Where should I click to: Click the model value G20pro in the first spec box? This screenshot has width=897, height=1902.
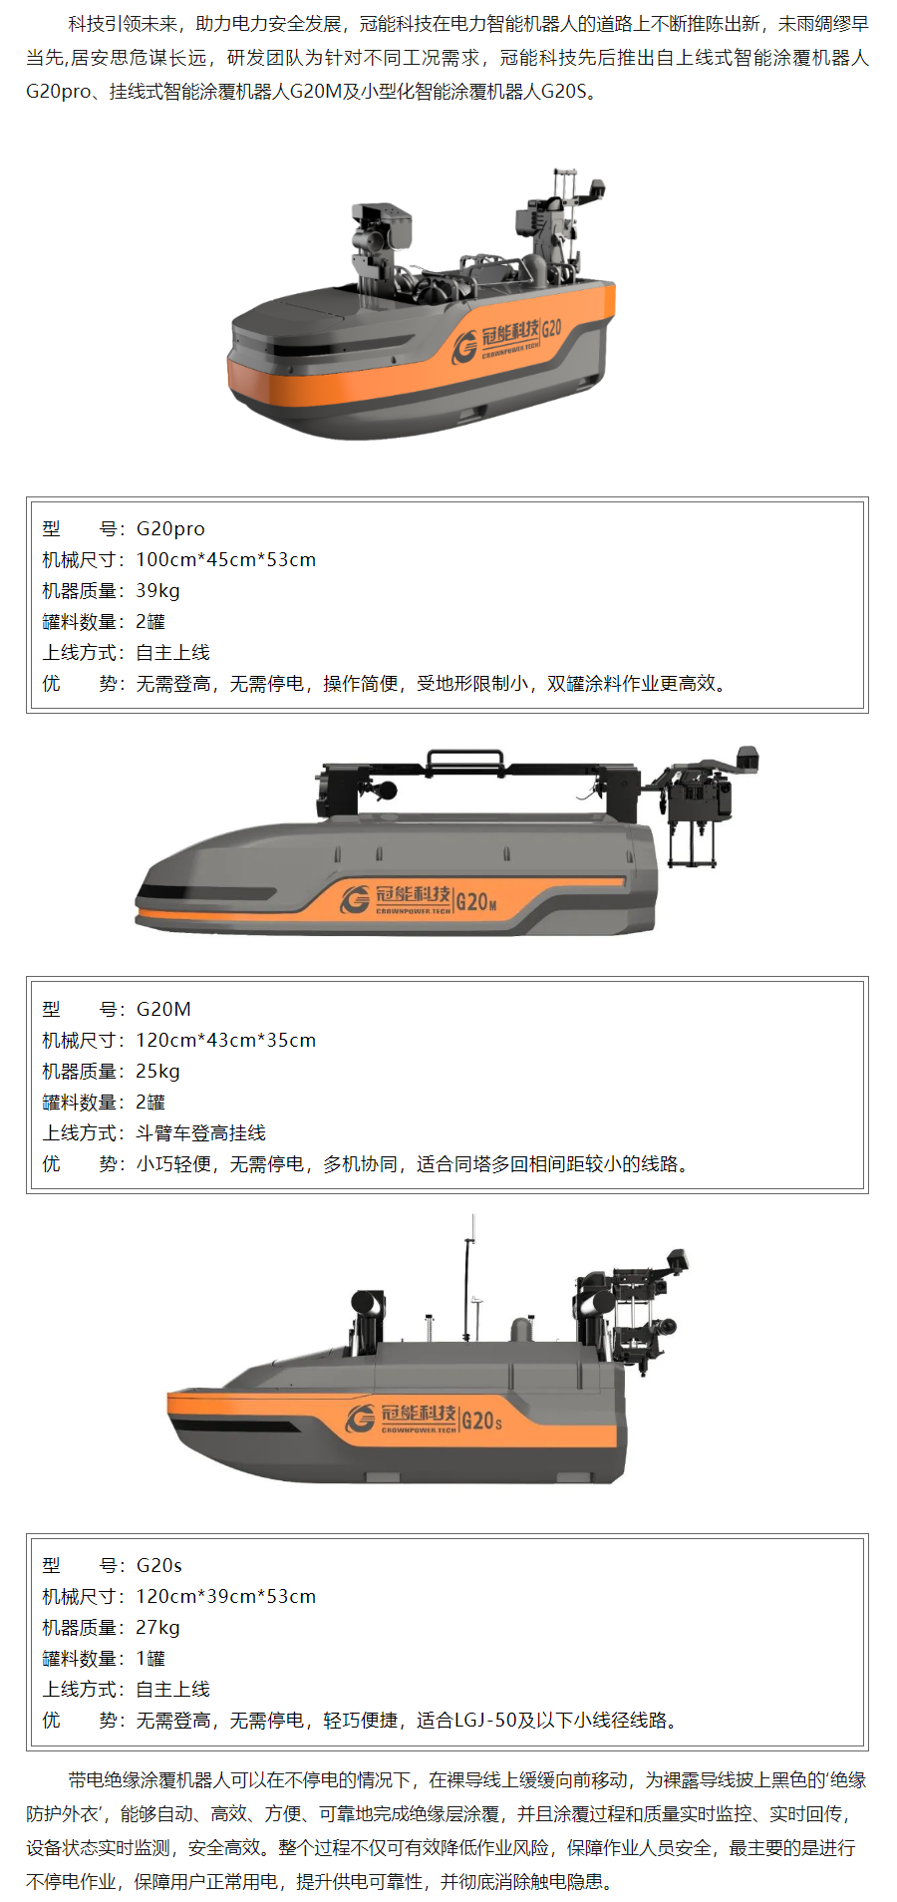pyautogui.click(x=170, y=529)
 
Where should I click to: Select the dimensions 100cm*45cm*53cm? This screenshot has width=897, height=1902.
pyautogui.click(x=225, y=560)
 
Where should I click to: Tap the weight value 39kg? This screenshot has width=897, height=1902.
pyautogui.click(x=157, y=591)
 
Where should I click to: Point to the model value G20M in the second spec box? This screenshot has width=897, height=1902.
pyautogui.click(x=163, y=1010)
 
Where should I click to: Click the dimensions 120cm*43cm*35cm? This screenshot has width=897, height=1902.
pyautogui.click(x=225, y=1041)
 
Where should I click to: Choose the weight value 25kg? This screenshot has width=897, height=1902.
pyautogui.click(x=157, y=1072)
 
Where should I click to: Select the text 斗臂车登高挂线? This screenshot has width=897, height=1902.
pyautogui.click(x=200, y=1133)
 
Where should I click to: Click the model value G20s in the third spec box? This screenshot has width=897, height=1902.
pyautogui.click(x=159, y=1566)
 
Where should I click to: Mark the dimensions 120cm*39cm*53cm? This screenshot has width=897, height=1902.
pyautogui.click(x=225, y=1597)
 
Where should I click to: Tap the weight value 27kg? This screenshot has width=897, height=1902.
pyautogui.click(x=157, y=1628)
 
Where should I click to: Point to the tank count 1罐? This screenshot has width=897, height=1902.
pyautogui.click(x=150, y=1659)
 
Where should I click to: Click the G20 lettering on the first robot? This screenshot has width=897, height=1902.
pyautogui.click(x=552, y=328)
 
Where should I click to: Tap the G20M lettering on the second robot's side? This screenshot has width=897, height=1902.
pyautogui.click(x=476, y=902)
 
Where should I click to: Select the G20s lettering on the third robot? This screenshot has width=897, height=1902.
pyautogui.click(x=482, y=1421)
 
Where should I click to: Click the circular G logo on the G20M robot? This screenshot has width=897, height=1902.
pyautogui.click(x=355, y=899)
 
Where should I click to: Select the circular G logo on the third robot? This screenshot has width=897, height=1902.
pyautogui.click(x=361, y=1419)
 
